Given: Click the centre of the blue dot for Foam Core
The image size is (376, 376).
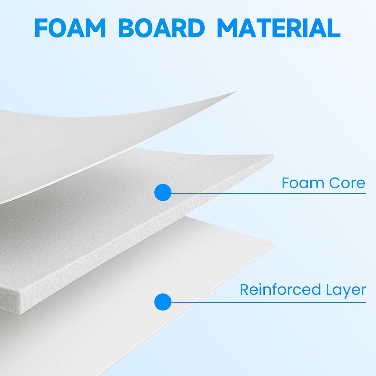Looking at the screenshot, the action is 163,193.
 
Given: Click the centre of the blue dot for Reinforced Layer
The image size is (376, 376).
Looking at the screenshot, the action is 163,302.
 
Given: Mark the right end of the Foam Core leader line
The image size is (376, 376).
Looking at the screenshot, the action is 366,193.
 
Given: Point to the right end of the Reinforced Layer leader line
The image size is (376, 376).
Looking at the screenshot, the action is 366,303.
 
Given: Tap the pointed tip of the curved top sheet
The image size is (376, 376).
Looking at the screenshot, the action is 238,92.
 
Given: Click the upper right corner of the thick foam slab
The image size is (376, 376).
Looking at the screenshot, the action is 273,155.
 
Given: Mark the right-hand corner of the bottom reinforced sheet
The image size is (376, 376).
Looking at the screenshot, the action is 276,244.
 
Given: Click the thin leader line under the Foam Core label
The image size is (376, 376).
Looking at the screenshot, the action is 268,193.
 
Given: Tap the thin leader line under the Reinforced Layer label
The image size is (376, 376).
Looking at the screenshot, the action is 268,303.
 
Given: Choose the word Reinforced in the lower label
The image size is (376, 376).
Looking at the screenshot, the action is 280,290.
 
